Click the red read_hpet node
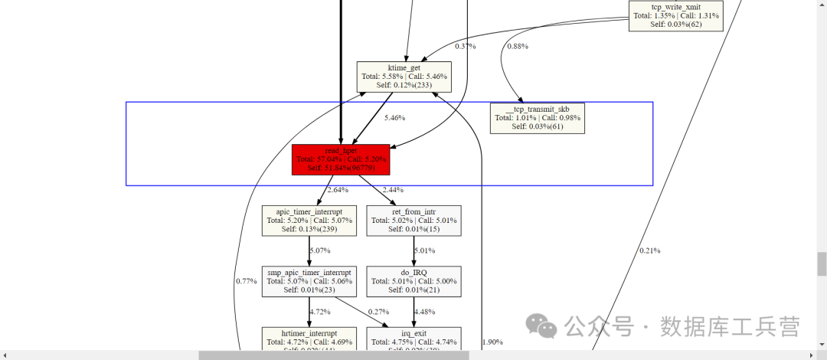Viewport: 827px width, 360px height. (341, 159)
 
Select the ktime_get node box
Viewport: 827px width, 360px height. (404, 77)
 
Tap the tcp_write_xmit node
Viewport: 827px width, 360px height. (676, 15)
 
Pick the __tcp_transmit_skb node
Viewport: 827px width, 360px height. (538, 118)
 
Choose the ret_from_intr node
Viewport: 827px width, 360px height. (413, 220)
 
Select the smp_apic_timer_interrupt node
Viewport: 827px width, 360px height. (309, 281)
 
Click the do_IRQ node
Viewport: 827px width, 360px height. (413, 281)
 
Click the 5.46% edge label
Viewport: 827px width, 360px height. (394, 118)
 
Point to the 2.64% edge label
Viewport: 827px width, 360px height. (338, 190)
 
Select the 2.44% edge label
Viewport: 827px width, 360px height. (392, 190)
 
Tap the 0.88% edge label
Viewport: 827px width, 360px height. (518, 47)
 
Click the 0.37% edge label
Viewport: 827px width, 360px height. (466, 47)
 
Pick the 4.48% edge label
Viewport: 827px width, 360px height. (425, 312)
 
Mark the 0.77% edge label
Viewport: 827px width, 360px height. (246, 281)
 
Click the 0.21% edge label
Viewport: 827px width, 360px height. (650, 250)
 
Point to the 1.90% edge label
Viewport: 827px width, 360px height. (492, 342)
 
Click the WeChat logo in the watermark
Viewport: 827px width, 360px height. (546, 328)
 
